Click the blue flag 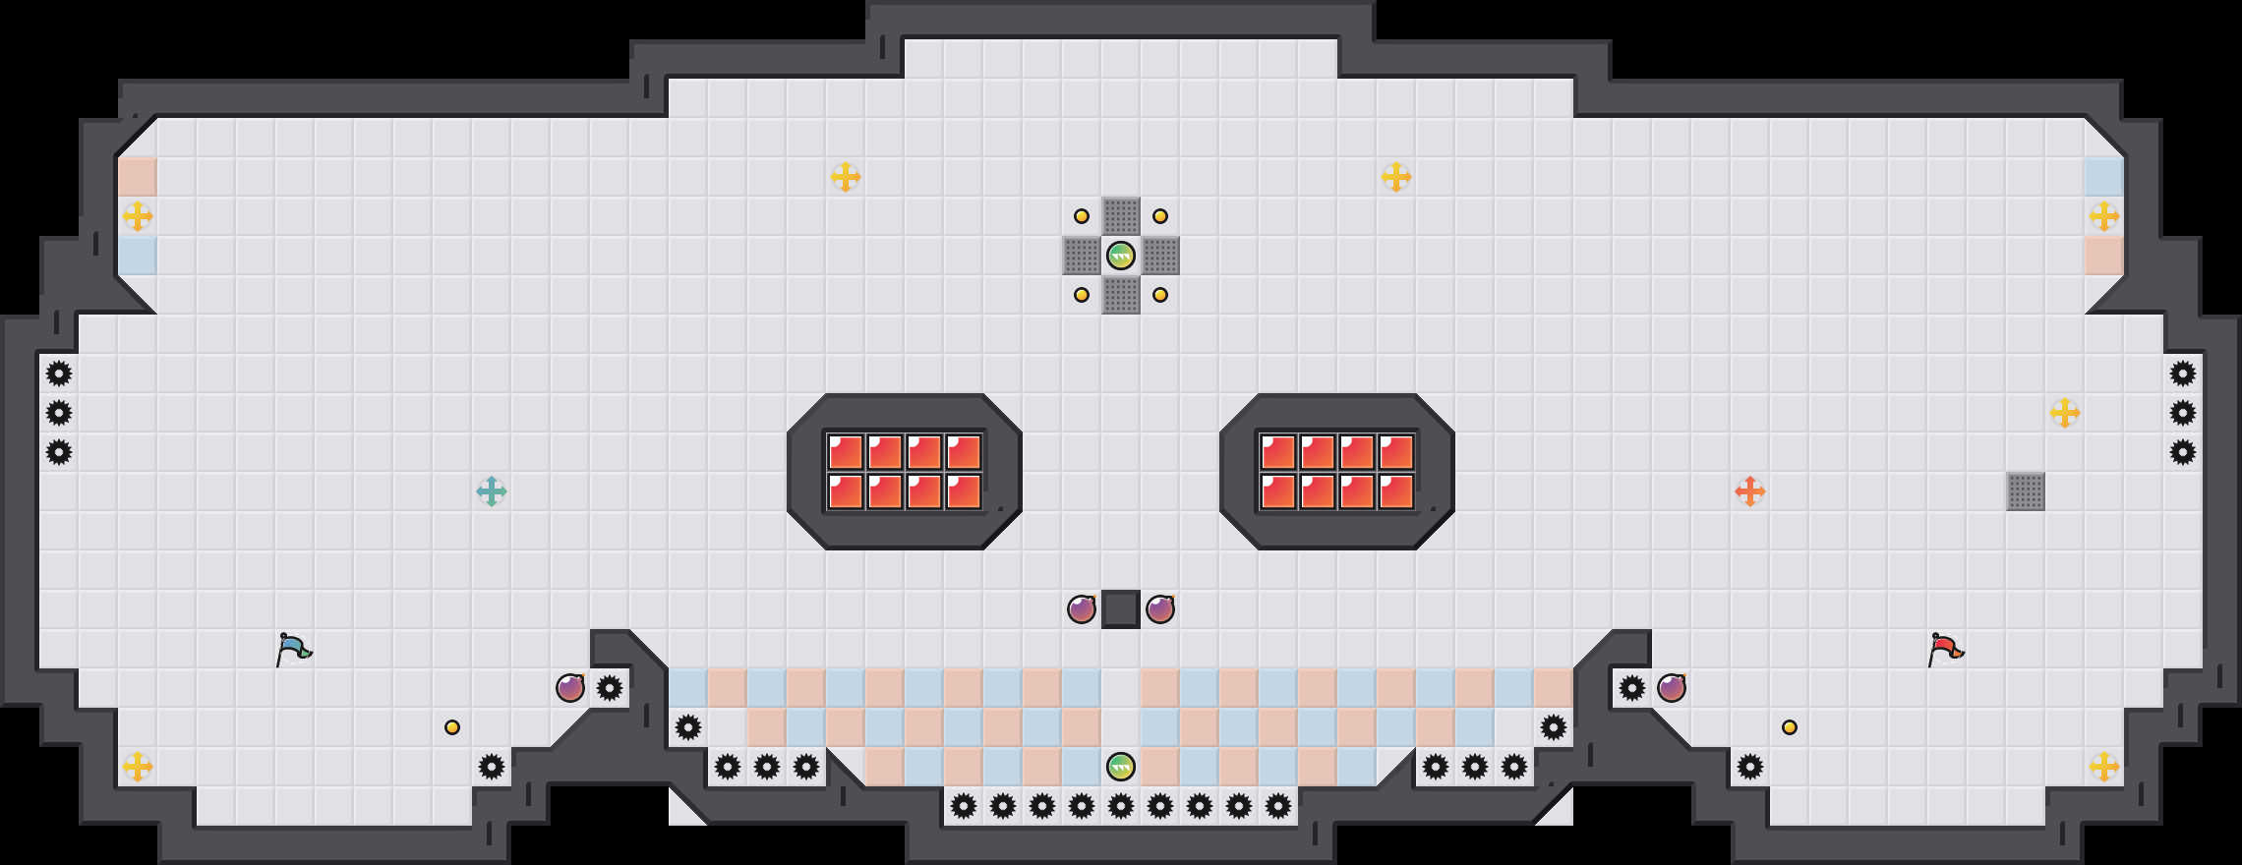tap(293, 649)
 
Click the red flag tap(1945, 649)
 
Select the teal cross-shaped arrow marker tap(492, 491)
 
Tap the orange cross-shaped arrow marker tap(1750, 491)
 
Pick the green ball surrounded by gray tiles tap(1121, 256)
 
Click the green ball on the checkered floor tap(1121, 767)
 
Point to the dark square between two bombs tap(1121, 609)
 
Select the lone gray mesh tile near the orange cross tap(2026, 491)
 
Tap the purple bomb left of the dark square tap(1082, 609)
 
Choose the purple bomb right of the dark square tap(1160, 609)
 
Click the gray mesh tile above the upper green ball tap(1121, 216)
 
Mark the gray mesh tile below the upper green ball tap(1121, 295)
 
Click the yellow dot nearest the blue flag tap(452, 727)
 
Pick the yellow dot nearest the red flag tap(1790, 727)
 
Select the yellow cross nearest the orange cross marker tap(2065, 413)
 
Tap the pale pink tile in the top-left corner tap(138, 177)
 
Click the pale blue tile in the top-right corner tap(2104, 177)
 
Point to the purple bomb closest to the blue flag tap(570, 688)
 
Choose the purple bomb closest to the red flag tap(1672, 688)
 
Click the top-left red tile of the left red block tap(846, 452)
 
